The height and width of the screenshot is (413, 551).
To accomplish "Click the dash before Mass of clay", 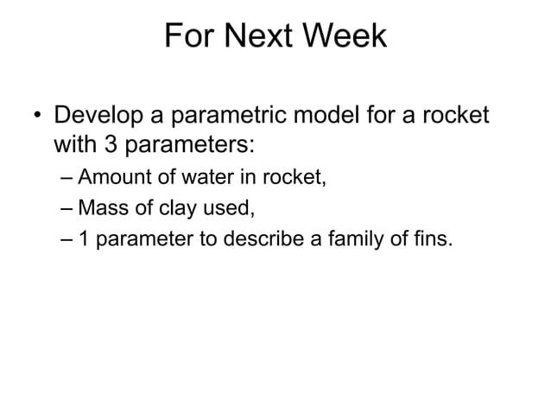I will click(x=68, y=209).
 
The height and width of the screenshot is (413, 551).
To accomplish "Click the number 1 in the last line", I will click(x=85, y=239).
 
